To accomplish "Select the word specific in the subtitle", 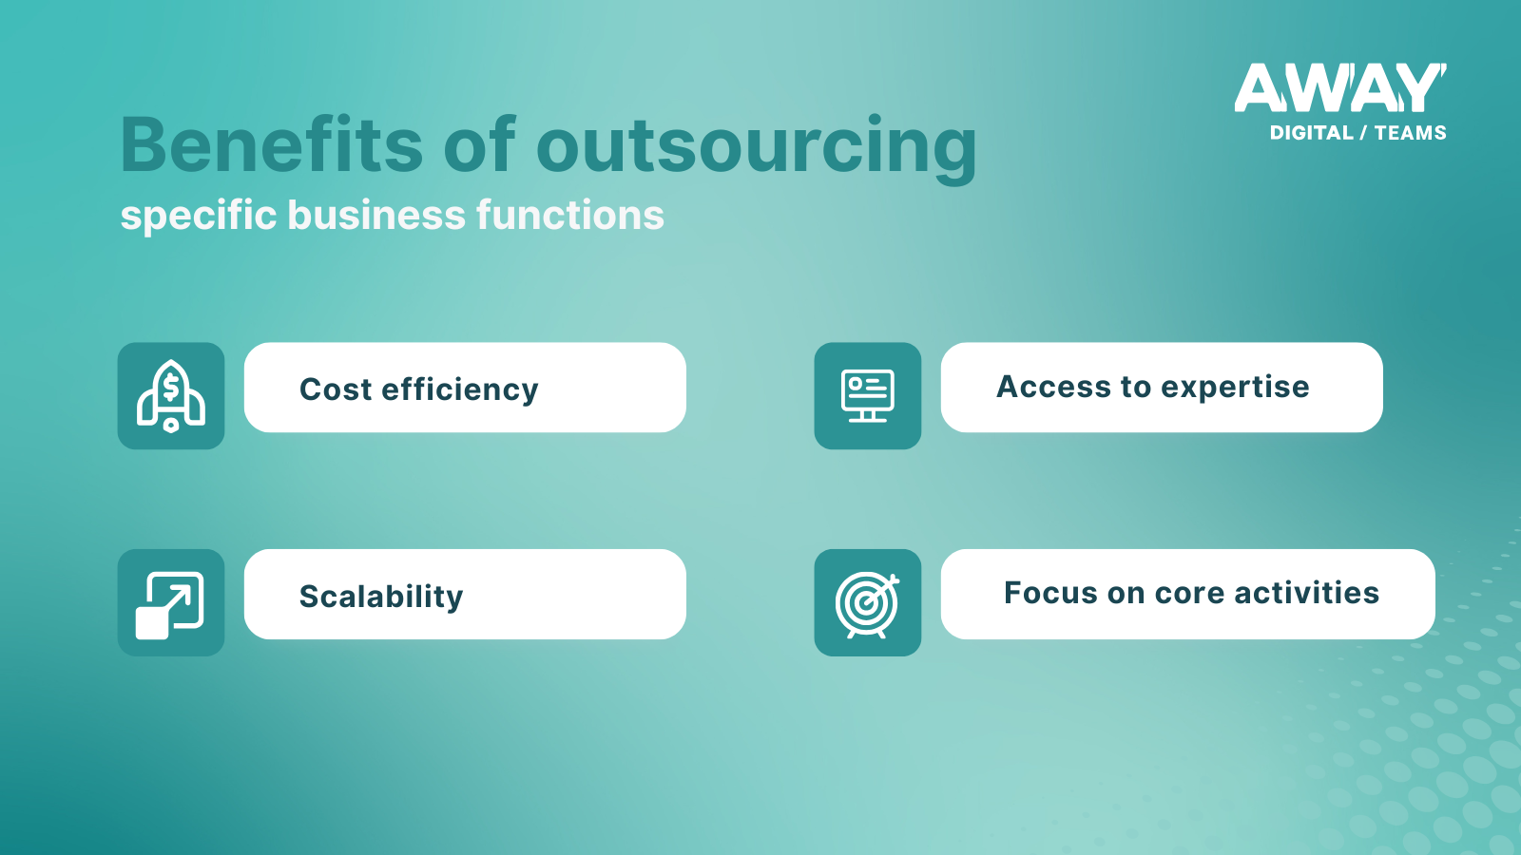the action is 199,217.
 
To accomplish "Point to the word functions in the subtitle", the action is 570,215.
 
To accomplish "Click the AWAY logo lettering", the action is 1339,87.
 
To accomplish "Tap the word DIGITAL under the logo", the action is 1312,133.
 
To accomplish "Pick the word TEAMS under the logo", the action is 1411,133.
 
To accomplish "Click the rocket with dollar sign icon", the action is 171,395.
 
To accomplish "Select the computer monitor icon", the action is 868,395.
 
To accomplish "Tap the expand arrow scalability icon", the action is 170,605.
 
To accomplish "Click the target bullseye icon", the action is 867,604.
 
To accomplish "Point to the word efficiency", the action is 460,390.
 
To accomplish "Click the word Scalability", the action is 381,598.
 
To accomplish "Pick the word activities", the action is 1307,593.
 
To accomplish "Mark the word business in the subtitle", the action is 376,215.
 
